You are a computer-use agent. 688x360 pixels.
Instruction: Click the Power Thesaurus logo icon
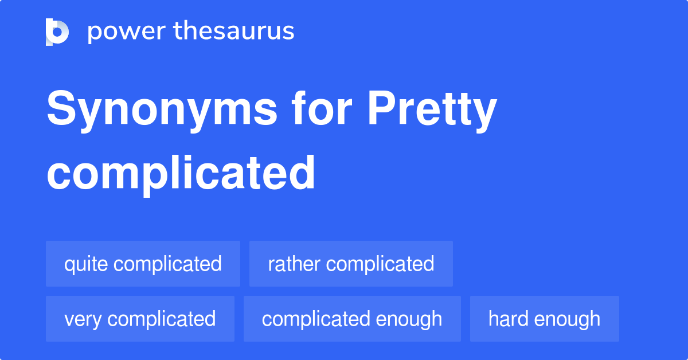[57, 32]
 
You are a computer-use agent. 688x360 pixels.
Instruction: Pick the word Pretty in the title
[432, 110]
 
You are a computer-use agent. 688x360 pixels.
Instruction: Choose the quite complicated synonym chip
[143, 264]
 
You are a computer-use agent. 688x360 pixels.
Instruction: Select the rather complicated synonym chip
[351, 264]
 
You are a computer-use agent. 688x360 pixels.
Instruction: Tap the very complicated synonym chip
[140, 319]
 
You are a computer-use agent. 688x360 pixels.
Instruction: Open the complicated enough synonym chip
[352, 319]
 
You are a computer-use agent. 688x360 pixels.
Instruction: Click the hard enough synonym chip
[544, 319]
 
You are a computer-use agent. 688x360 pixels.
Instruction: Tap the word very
[81, 319]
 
